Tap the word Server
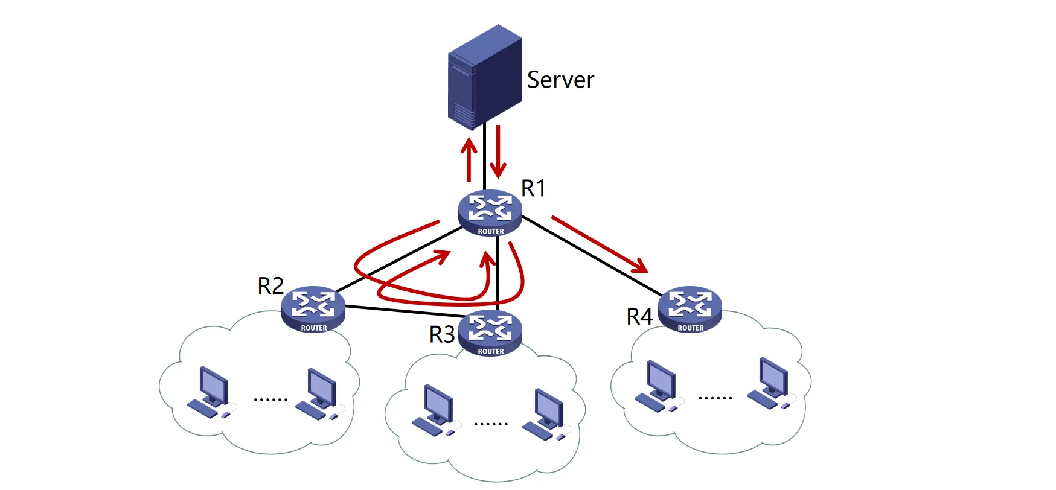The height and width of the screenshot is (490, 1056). (560, 80)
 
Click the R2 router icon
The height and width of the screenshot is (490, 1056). (313, 308)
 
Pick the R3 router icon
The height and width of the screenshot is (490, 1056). (490, 332)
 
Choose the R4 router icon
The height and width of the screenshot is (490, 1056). (690, 308)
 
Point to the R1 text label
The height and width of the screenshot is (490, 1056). (533, 188)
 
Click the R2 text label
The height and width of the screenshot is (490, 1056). (270, 286)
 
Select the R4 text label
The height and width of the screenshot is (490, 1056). (639, 317)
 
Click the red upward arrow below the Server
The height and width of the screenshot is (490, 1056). (469, 159)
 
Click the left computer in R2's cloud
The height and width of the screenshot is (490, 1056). (209, 392)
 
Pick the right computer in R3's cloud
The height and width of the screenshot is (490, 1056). (546, 414)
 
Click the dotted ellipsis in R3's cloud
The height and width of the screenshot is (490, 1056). (491, 424)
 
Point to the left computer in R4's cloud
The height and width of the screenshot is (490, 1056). (658, 386)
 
